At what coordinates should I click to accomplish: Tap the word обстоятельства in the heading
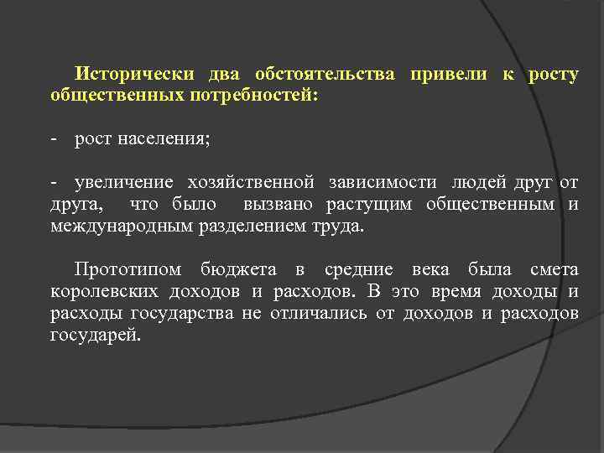point(322,74)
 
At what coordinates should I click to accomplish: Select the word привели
point(448,74)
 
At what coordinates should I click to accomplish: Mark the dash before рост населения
point(55,138)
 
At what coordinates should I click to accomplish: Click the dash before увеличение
point(55,182)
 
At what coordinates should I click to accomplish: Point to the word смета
point(555,269)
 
